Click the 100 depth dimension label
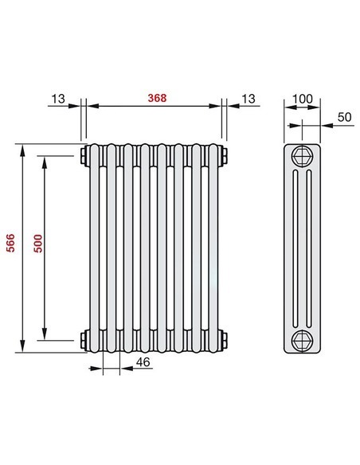pos(303,98)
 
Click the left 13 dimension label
pos(58,98)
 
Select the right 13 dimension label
pos(248,98)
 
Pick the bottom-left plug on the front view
pos(84,341)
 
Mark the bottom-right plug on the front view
pos(226,341)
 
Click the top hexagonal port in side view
pos(303,154)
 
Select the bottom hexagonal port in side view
pos(303,340)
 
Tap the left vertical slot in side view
pos(298,247)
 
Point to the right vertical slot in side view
pos(308,247)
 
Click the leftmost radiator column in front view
pos(96,247)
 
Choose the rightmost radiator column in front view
pos(214,247)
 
